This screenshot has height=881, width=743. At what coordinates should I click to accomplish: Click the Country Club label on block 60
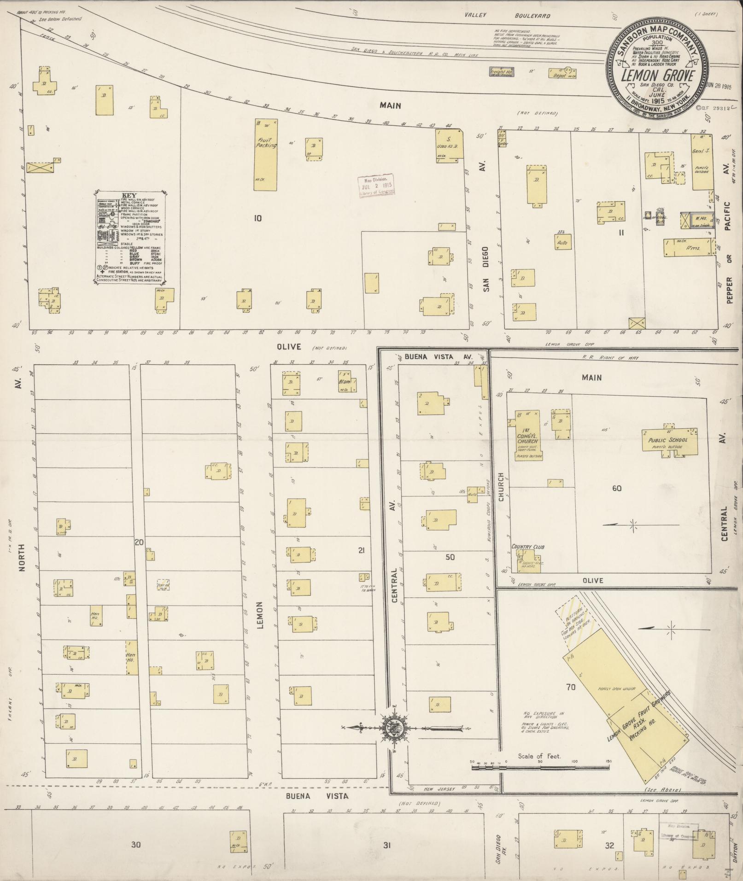(x=527, y=547)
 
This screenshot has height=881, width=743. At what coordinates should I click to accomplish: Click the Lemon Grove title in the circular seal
(x=657, y=76)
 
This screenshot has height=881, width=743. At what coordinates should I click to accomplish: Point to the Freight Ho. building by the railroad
(x=501, y=72)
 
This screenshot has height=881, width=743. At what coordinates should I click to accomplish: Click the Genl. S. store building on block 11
(x=702, y=162)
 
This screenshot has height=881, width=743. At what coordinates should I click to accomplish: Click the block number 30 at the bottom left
(x=135, y=845)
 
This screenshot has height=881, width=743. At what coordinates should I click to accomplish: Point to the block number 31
(x=386, y=845)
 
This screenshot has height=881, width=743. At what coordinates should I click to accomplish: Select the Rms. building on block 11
(x=687, y=247)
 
